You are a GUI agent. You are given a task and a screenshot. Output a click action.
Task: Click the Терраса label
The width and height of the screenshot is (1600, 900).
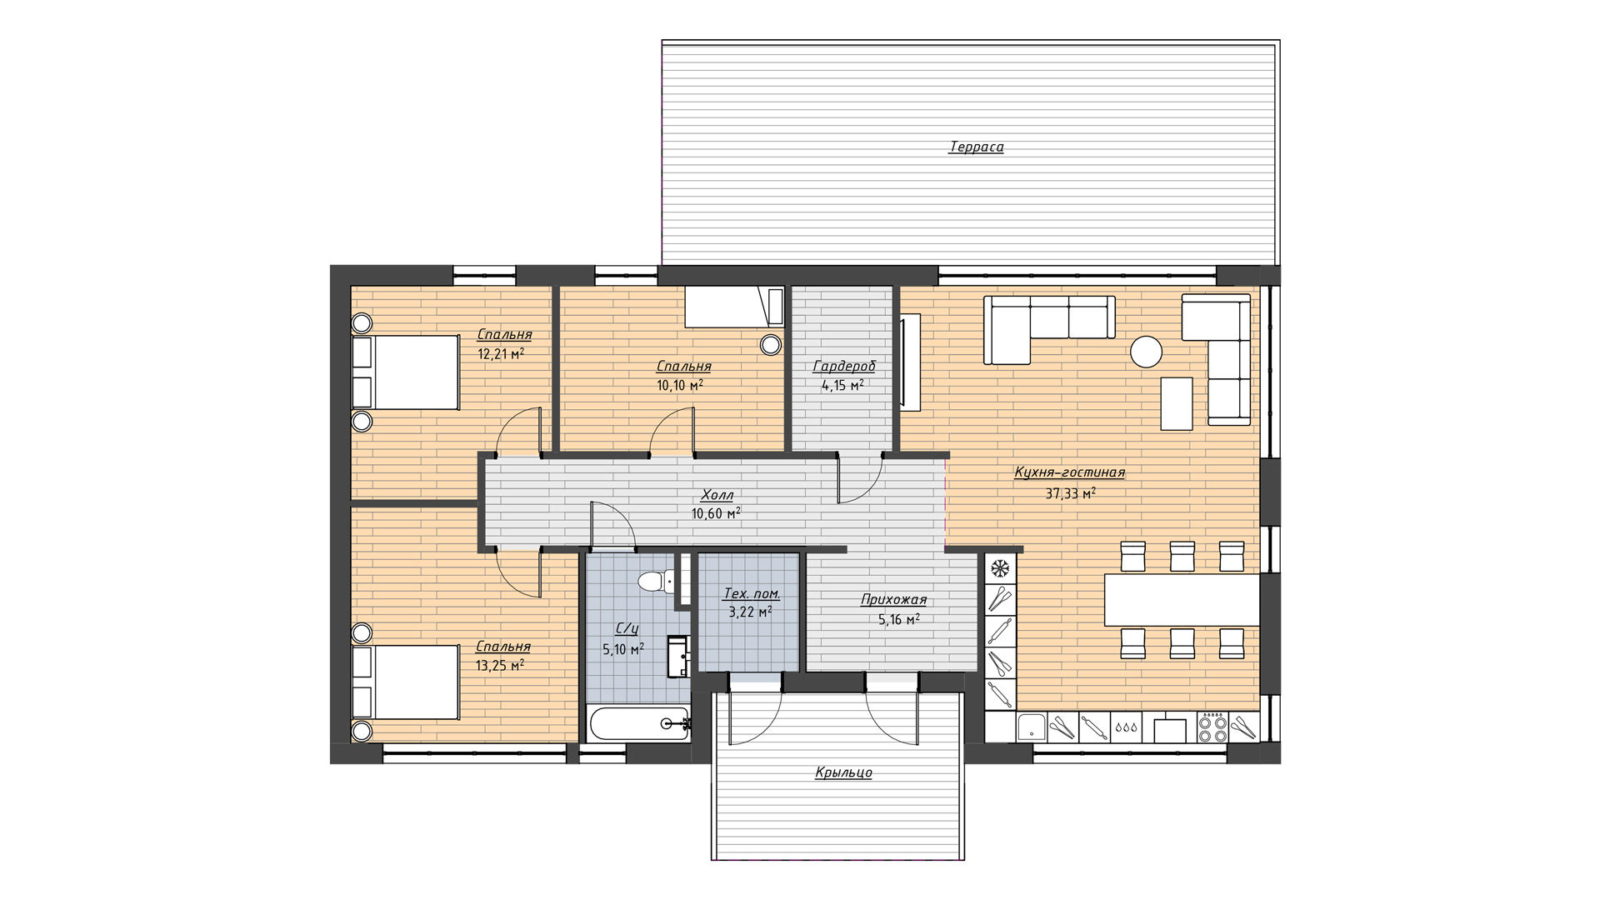tap(976, 147)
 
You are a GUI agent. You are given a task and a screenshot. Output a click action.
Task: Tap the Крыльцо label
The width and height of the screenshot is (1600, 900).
tap(843, 772)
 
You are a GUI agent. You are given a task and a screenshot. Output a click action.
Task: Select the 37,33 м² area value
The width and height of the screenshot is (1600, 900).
tap(1070, 493)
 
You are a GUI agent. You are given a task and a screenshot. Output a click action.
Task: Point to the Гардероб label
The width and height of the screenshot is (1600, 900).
tap(844, 367)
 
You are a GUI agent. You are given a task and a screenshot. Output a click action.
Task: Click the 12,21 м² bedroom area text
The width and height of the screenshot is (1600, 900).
tap(500, 353)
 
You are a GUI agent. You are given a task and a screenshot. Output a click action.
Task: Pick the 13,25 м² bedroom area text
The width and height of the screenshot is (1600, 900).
tap(500, 666)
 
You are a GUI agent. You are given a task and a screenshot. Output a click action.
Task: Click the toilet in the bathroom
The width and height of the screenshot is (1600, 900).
tap(656, 581)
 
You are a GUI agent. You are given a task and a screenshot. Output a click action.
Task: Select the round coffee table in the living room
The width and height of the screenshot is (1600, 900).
tap(1146, 352)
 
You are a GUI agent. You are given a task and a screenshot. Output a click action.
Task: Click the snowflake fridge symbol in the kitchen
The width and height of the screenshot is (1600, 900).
tap(1000, 569)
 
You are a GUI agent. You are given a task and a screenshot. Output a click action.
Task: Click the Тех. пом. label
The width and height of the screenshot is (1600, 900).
tap(752, 594)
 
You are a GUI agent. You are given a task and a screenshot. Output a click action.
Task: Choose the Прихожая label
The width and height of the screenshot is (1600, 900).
tap(893, 600)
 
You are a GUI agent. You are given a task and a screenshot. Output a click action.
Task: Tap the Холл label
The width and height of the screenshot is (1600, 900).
tap(717, 495)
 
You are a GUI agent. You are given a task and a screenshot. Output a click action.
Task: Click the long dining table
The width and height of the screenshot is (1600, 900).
tap(1182, 599)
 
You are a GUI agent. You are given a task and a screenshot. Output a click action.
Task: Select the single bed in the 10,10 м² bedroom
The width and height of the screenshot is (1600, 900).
tap(734, 307)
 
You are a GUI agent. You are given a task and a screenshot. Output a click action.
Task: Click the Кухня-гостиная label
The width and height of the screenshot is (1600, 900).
tap(1069, 472)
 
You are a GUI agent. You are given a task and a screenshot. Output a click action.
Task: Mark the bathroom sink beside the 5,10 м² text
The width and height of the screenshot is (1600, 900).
tap(678, 656)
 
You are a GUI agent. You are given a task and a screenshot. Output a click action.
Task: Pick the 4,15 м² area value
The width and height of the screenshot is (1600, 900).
tap(842, 386)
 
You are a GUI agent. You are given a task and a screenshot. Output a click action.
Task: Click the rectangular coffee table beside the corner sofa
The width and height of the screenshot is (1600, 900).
tap(1177, 403)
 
